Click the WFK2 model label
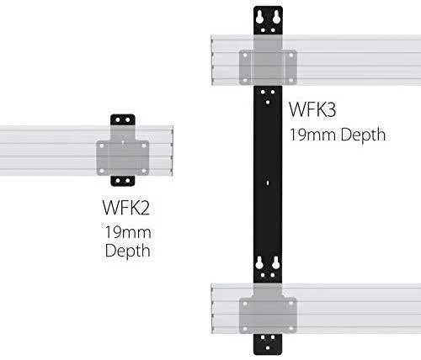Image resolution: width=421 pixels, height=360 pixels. click(126, 208)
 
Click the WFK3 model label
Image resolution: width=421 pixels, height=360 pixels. click(312, 109)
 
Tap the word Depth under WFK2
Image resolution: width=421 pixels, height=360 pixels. click(128, 251)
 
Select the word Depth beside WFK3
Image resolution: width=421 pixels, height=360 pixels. click(363, 135)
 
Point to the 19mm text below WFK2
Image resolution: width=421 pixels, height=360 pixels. click(128, 232)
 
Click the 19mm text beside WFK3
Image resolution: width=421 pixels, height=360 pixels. click(312, 135)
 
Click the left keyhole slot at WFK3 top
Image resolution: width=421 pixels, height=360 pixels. click(259, 18)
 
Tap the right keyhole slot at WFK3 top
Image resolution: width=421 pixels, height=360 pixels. click(276, 18)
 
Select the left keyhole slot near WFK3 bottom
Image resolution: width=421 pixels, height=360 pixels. click(259, 263)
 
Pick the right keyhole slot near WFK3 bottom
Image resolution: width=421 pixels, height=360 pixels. click(276, 263)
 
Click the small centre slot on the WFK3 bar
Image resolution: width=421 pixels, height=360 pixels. click(268, 183)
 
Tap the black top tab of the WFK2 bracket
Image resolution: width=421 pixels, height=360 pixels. click(123, 120)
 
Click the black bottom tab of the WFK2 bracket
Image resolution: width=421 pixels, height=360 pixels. click(123, 181)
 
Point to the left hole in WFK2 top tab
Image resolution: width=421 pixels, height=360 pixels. click(118, 120)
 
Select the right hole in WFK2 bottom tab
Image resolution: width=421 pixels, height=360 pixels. click(128, 181)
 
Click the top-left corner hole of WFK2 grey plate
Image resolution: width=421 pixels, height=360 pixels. click(102, 146)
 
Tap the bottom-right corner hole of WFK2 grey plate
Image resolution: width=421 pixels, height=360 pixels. click(144, 171)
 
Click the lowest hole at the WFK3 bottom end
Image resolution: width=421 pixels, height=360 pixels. click(268, 348)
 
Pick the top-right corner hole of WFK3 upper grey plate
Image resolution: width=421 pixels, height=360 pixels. click(290, 56)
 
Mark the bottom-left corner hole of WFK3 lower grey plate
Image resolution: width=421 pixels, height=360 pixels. click(245, 329)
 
